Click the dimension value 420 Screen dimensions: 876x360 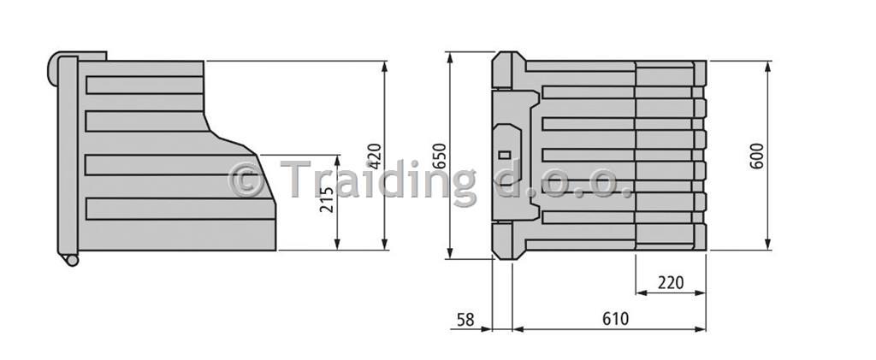point(376,156)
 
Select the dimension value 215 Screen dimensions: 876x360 point(328,198)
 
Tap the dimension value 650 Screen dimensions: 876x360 point(441,156)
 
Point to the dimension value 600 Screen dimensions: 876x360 point(757,156)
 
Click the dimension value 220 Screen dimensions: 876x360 point(671,282)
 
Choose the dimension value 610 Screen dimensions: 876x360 point(615,319)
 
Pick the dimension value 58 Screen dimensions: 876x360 point(466,320)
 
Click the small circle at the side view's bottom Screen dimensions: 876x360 point(70,260)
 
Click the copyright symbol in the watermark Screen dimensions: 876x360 point(246,180)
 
